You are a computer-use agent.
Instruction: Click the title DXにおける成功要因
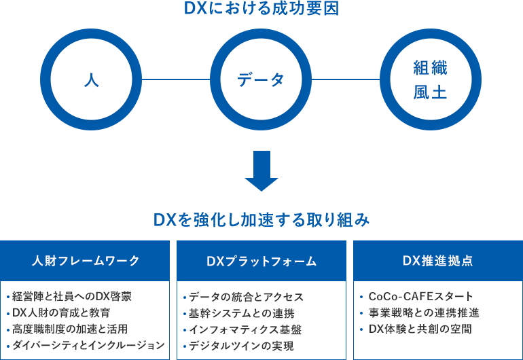point(261,10)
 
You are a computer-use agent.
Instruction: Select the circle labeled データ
point(261,79)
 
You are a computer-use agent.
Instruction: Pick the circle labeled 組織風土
point(431,79)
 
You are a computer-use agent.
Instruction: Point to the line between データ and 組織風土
point(346,79)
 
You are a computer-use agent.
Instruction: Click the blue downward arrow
point(261,170)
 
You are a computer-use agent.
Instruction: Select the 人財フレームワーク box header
point(86,261)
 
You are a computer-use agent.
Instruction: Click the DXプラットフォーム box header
point(261,261)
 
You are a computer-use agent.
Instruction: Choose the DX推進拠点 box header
point(437,261)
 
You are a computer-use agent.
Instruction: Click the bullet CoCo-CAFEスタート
point(420,297)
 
